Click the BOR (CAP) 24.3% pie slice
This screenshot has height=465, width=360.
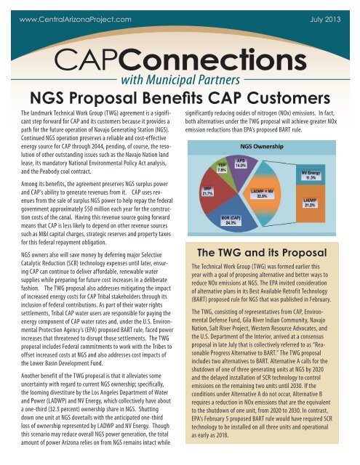[x=231, y=219]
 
